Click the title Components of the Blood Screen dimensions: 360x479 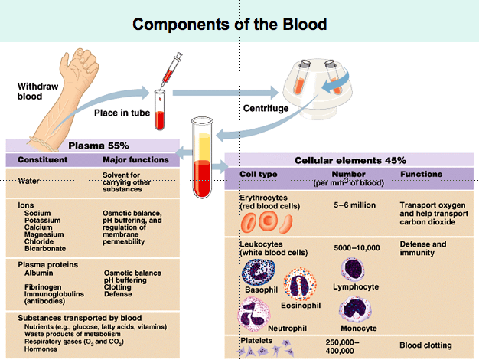click(239, 24)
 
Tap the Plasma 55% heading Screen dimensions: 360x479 click(99, 146)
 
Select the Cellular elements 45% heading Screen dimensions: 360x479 click(350, 160)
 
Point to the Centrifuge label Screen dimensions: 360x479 click(265, 108)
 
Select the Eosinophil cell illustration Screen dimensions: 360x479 click(298, 286)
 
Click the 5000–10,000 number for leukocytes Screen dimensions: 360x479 click(357, 249)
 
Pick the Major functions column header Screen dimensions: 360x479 click(135, 160)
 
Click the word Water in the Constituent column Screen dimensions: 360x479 click(28, 182)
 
